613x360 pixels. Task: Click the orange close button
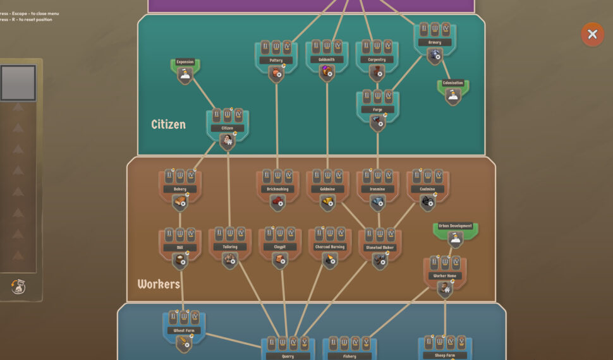[x=592, y=35]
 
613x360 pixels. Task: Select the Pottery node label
[x=276, y=60]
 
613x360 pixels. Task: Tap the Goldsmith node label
[x=327, y=59]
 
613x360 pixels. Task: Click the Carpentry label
[x=377, y=59]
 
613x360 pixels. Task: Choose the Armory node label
[x=435, y=42]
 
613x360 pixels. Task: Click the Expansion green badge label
[x=185, y=62]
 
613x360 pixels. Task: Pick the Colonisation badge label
[x=452, y=83]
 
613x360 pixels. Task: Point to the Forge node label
[x=377, y=109]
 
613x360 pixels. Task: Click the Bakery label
[x=180, y=189]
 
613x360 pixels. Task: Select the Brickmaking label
[x=277, y=189]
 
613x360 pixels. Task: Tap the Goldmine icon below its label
[x=327, y=203]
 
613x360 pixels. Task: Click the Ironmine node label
[x=378, y=189]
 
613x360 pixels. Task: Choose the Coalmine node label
[x=428, y=189]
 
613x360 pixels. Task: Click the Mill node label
[x=180, y=248]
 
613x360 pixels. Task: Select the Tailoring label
[x=230, y=247]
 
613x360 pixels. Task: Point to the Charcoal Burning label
[x=330, y=247]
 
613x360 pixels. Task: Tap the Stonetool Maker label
[x=380, y=248]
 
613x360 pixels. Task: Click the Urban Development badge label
[x=456, y=225]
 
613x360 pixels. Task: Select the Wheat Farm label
[x=184, y=330]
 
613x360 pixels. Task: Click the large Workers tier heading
[x=159, y=284]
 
